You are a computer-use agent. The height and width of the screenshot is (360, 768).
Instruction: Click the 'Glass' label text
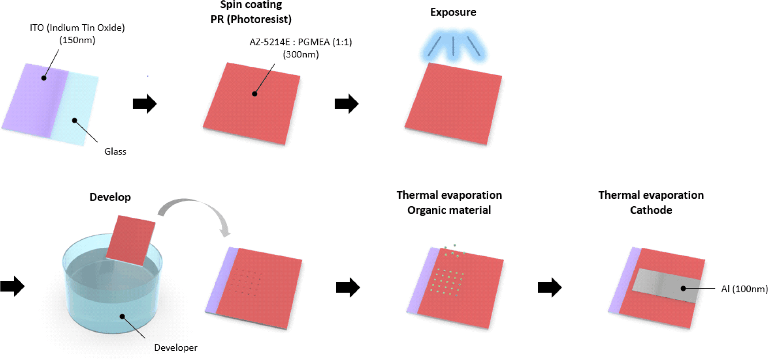pyautogui.click(x=115, y=152)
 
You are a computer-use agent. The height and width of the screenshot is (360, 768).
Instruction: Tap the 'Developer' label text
pyautogui.click(x=176, y=348)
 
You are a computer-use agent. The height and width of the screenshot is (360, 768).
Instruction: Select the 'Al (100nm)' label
pyautogui.click(x=745, y=289)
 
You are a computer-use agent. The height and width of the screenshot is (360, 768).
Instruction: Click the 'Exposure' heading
pyautogui.click(x=453, y=12)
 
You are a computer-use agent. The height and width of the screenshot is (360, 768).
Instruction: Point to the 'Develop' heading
pyautogui.click(x=110, y=197)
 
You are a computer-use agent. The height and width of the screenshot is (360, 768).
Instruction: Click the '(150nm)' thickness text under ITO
pyautogui.click(x=77, y=40)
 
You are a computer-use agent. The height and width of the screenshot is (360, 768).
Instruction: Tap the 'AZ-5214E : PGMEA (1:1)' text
pyautogui.click(x=301, y=42)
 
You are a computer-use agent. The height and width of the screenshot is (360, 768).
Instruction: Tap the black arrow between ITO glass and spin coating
pyautogui.click(x=145, y=104)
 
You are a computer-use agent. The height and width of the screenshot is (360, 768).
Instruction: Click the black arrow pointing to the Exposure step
pyautogui.click(x=347, y=104)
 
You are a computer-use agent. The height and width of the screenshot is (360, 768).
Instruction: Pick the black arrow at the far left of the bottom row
pyautogui.click(x=12, y=286)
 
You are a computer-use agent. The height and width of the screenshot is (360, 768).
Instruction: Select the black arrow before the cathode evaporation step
pyautogui.click(x=550, y=288)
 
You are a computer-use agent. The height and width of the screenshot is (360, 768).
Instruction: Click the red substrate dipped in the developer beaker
pyautogui.click(x=131, y=240)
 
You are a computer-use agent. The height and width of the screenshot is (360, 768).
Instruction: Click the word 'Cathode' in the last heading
pyautogui.click(x=651, y=210)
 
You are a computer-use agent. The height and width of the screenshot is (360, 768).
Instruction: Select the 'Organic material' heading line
pyautogui.click(x=449, y=210)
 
